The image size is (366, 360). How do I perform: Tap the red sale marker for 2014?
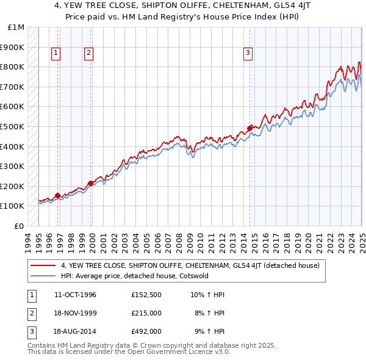[250, 128]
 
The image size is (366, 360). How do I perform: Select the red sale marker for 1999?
[90, 182]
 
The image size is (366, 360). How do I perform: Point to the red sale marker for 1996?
[58, 195]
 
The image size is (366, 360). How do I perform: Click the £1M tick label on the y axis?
[16, 27]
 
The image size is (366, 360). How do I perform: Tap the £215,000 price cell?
[146, 313]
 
